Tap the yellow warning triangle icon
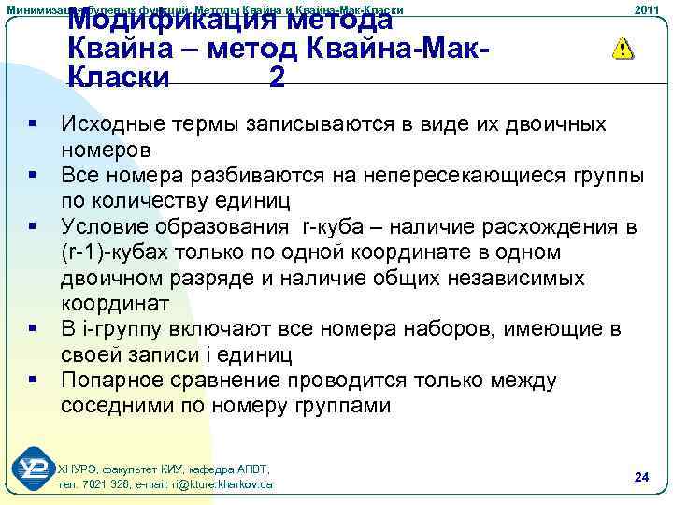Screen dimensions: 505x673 click(622, 50)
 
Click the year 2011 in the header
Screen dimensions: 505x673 click(647, 9)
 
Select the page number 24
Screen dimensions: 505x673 click(641, 478)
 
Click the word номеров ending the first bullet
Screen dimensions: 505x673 click(106, 149)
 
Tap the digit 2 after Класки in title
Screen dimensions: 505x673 click(277, 78)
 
